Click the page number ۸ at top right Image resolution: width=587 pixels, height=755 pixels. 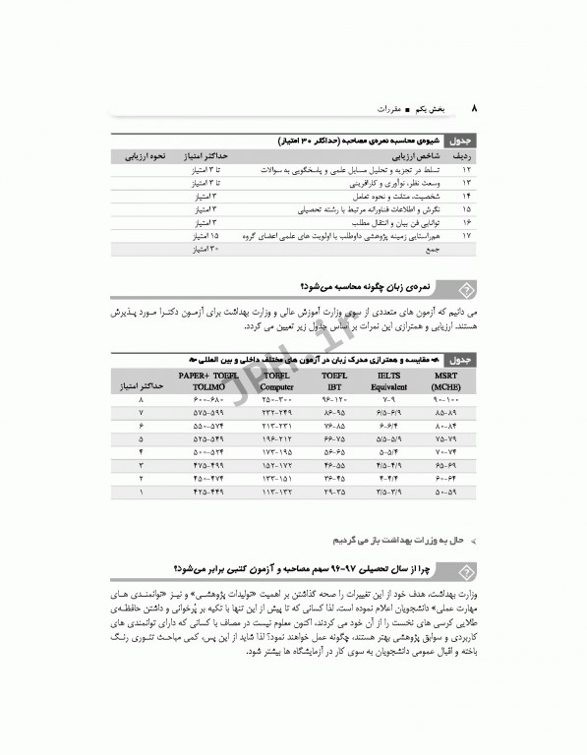tap(474, 107)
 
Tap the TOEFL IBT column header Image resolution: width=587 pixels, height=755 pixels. tap(334, 381)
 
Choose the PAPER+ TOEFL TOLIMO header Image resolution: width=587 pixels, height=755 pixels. tap(208, 381)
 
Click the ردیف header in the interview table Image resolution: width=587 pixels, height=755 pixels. tap(463, 156)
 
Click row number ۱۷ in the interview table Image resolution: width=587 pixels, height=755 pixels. tap(465, 237)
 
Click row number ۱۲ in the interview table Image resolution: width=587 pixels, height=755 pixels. tap(465, 170)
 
